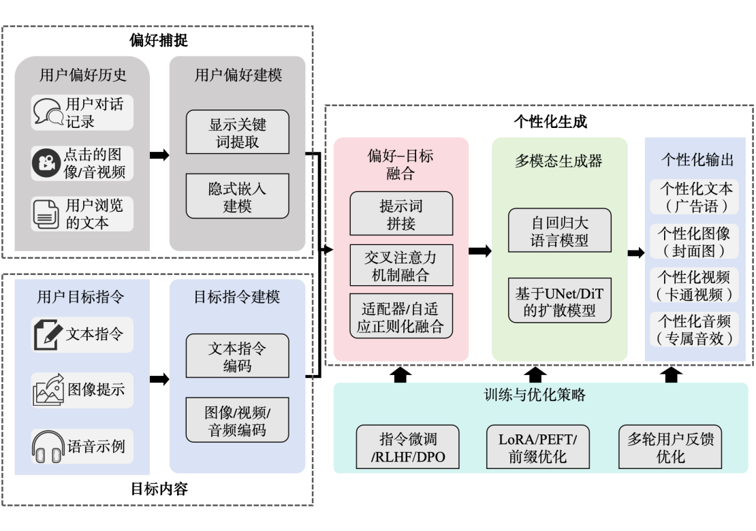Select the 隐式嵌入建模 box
pyautogui.click(x=237, y=196)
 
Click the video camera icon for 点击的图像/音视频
pyautogui.click(x=47, y=163)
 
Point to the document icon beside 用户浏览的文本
pyautogui.click(x=47, y=214)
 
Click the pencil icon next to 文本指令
pyautogui.click(x=48, y=335)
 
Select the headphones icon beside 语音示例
pyautogui.click(x=48, y=447)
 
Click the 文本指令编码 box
pyautogui.click(x=237, y=356)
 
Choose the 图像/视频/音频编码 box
pyautogui.click(x=237, y=420)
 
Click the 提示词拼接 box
pyautogui.click(x=400, y=214)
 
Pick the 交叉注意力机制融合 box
pyautogui.click(x=400, y=265)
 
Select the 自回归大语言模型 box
pyautogui.click(x=560, y=231)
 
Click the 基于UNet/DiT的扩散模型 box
pyautogui.click(x=560, y=300)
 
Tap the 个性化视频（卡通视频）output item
pyautogui.click(x=693, y=286)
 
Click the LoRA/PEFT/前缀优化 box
pyautogui.click(x=537, y=447)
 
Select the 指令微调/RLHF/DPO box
pyautogui.click(x=407, y=447)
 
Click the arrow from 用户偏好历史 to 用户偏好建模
pyautogui.click(x=159, y=155)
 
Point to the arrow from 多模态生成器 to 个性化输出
pyautogui.click(x=635, y=253)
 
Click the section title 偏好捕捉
pyautogui.click(x=158, y=40)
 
